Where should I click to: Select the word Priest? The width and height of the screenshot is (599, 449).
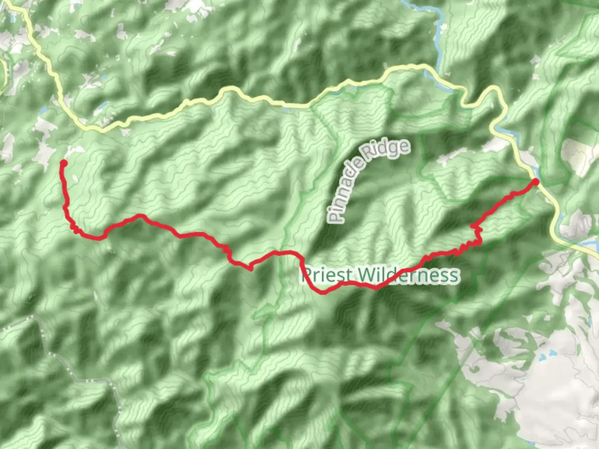point(328,275)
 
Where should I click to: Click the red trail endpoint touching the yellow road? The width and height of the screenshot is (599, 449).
point(536,182)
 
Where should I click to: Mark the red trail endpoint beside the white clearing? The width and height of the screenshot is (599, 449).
point(64,163)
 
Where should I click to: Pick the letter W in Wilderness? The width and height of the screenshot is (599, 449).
point(366,275)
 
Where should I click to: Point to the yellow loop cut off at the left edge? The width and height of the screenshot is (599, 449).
point(3,71)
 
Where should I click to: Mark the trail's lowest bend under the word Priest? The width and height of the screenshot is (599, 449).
point(323,292)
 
